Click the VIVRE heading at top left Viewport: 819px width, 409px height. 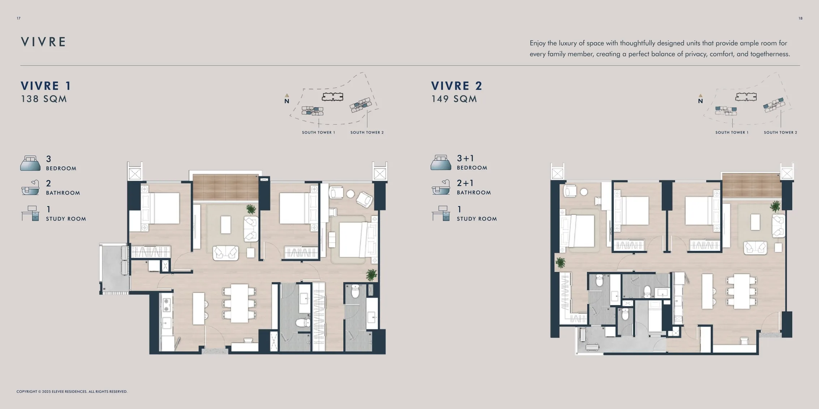(x=43, y=42)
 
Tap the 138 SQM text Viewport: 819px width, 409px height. (x=44, y=99)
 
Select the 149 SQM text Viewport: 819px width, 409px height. (x=454, y=99)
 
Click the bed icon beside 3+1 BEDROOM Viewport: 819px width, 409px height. (x=440, y=163)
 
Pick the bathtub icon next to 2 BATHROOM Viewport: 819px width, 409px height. (x=30, y=188)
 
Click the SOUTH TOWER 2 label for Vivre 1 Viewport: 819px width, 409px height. (x=367, y=132)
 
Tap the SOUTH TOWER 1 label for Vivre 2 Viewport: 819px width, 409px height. (x=732, y=132)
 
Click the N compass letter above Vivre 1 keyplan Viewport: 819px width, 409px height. (x=286, y=101)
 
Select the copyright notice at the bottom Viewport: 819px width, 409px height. (x=72, y=392)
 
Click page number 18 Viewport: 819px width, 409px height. (x=800, y=18)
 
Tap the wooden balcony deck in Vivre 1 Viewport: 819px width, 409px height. (x=225, y=187)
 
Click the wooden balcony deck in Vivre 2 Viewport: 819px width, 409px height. (x=751, y=185)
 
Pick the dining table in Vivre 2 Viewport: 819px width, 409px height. (x=741, y=291)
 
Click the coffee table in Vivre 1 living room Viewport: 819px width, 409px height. (x=226, y=225)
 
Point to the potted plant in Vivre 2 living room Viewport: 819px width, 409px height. (x=775, y=206)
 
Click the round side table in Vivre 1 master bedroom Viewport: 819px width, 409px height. (x=350, y=194)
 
